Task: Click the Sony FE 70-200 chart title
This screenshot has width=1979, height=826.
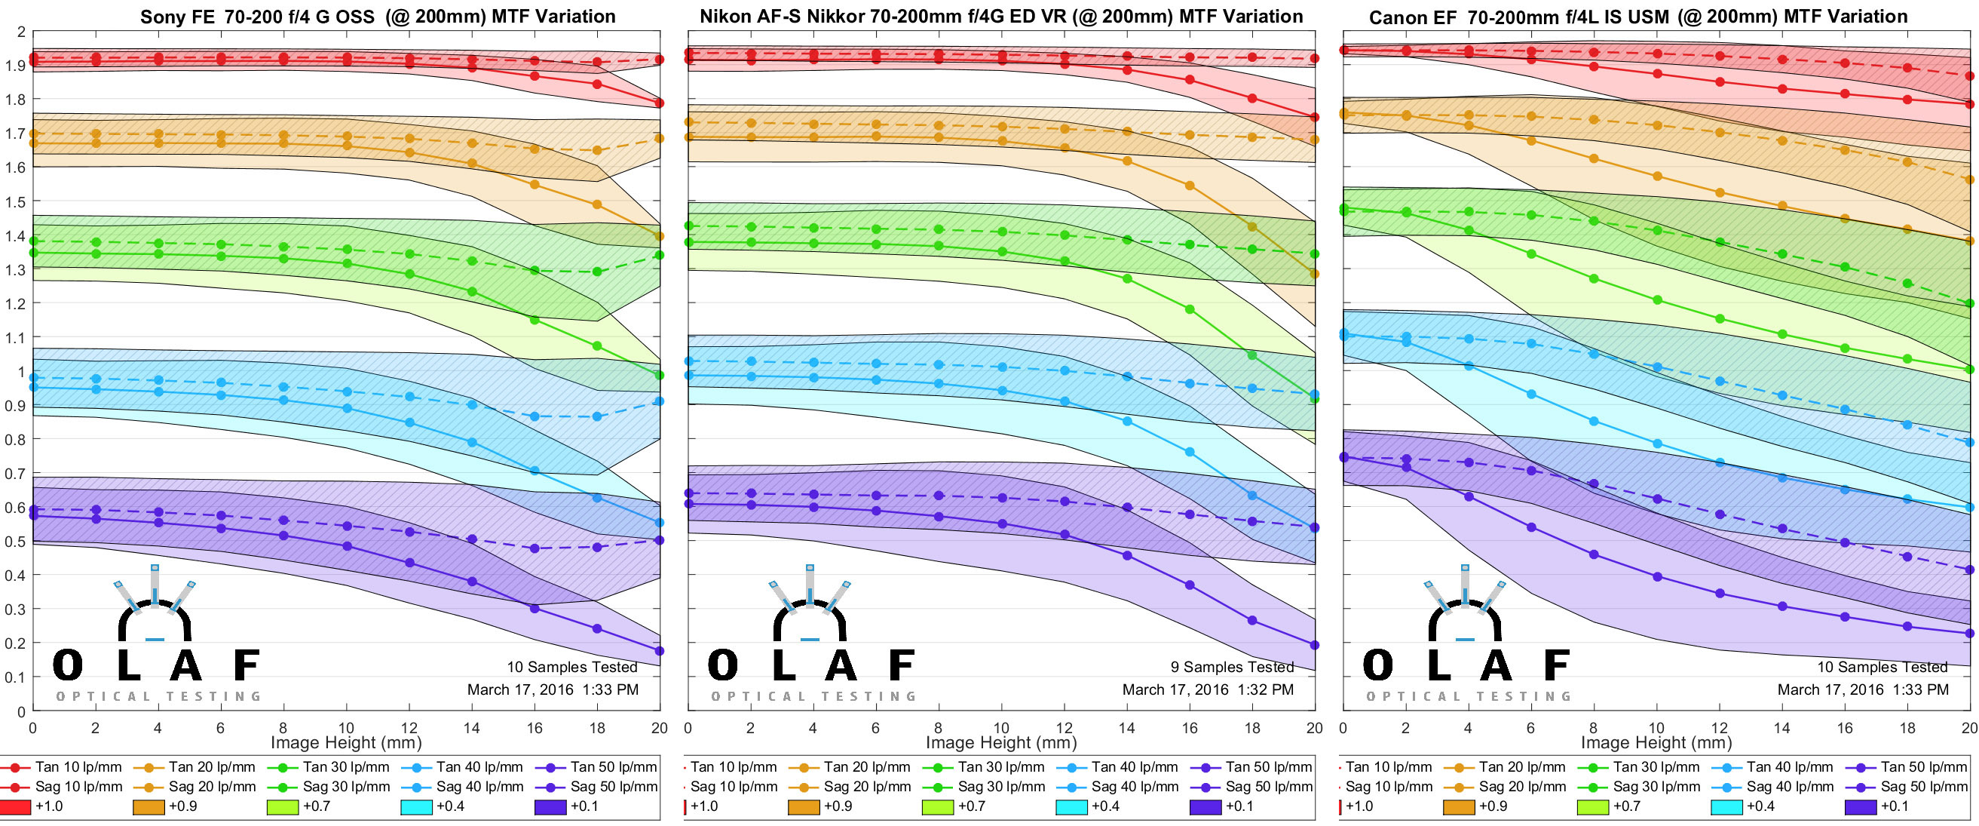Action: click(377, 16)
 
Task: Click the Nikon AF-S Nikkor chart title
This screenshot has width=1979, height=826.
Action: click(1001, 16)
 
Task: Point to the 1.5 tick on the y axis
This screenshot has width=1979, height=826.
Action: click(16, 202)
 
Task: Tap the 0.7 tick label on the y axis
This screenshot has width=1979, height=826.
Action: click(16, 473)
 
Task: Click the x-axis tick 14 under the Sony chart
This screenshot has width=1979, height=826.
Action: click(472, 728)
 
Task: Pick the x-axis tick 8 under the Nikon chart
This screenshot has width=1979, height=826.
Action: click(938, 728)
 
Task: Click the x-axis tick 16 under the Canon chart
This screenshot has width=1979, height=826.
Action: click(1845, 728)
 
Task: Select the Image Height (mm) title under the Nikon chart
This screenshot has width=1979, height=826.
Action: click(1001, 743)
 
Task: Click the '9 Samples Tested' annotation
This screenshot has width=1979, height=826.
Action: click(1231, 667)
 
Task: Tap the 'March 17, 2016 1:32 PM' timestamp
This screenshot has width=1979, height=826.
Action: click(1208, 689)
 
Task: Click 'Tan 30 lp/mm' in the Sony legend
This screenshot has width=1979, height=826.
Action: click(346, 767)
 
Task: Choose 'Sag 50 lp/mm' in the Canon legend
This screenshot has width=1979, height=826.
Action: click(1924, 787)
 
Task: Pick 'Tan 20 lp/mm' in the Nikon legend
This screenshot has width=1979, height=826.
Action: click(866, 767)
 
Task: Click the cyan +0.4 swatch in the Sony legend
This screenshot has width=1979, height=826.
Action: click(416, 807)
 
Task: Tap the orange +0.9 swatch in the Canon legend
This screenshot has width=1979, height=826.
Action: click(1459, 807)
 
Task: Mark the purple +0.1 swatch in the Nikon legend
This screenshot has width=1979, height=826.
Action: click(1205, 807)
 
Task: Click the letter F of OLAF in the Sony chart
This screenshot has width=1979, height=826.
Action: click(246, 665)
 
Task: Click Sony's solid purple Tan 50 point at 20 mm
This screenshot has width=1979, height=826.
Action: click(659, 651)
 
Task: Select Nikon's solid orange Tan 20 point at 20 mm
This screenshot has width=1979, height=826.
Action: click(1315, 274)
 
